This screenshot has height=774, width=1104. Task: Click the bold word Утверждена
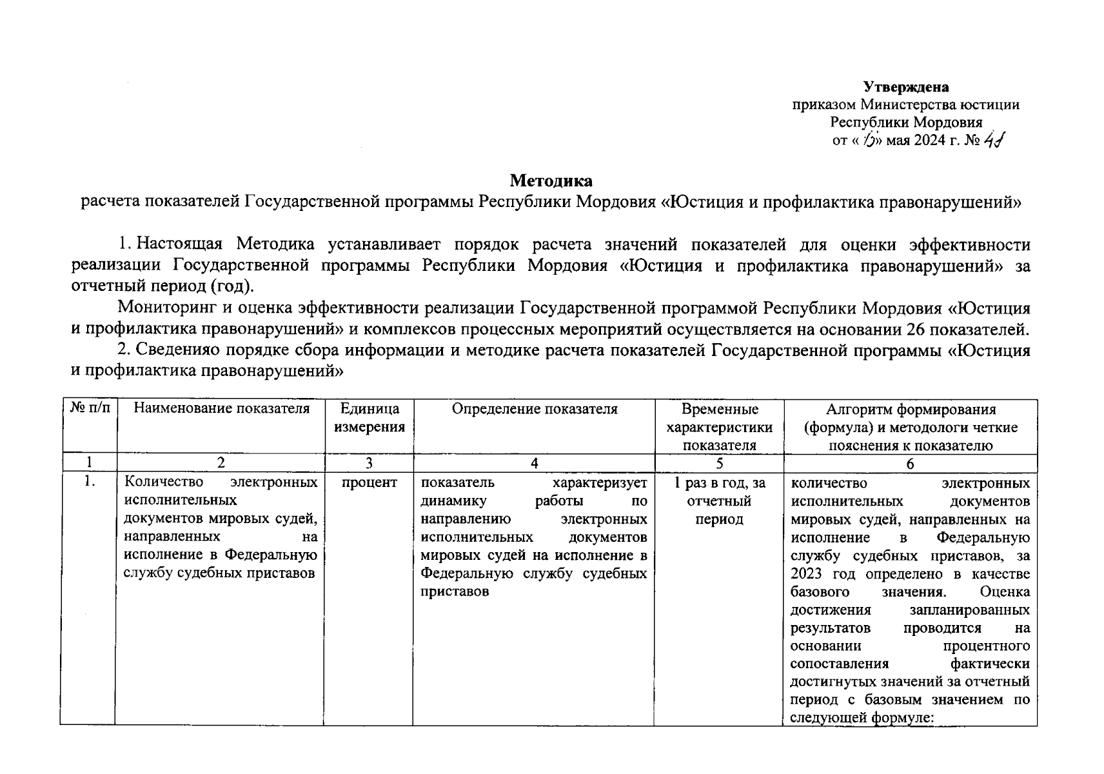pos(906,87)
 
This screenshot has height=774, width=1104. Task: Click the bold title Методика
pos(551,180)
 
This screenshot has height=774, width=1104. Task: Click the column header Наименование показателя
pos(221,408)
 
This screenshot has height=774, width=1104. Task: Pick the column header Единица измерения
pos(369,417)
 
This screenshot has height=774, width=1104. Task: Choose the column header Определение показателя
pos(534,408)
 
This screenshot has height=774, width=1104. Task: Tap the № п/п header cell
pos(90,408)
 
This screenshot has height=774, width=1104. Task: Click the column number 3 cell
pos(369,463)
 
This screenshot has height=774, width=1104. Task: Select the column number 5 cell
pos(719,463)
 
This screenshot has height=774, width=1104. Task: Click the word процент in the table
pos(369,483)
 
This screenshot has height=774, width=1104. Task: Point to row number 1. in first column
pos(90,483)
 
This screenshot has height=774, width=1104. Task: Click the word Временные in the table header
pos(719,409)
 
